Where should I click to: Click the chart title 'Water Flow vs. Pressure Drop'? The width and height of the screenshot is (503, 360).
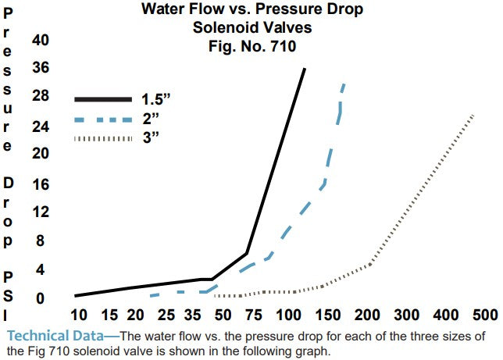click(x=251, y=10)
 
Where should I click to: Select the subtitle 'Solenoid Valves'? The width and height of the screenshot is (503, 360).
click(x=251, y=28)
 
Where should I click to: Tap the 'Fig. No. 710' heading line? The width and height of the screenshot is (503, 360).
click(x=251, y=45)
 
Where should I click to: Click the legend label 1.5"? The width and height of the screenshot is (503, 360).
click(x=156, y=99)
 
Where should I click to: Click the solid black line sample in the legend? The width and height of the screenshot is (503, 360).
click(x=103, y=99)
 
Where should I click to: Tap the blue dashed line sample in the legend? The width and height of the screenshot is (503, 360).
click(x=103, y=119)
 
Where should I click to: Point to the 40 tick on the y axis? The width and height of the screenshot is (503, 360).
click(x=40, y=40)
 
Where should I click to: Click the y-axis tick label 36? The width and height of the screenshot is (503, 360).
click(x=40, y=67)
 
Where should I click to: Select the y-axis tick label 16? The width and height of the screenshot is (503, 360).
click(x=40, y=183)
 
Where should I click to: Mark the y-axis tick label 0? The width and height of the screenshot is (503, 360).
click(x=40, y=298)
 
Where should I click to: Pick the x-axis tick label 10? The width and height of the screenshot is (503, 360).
click(x=78, y=315)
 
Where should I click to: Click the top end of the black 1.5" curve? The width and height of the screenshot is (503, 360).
click(x=305, y=69)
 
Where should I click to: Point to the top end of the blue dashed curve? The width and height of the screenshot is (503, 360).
click(x=344, y=83)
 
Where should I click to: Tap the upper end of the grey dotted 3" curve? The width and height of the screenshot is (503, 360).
click(x=473, y=115)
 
